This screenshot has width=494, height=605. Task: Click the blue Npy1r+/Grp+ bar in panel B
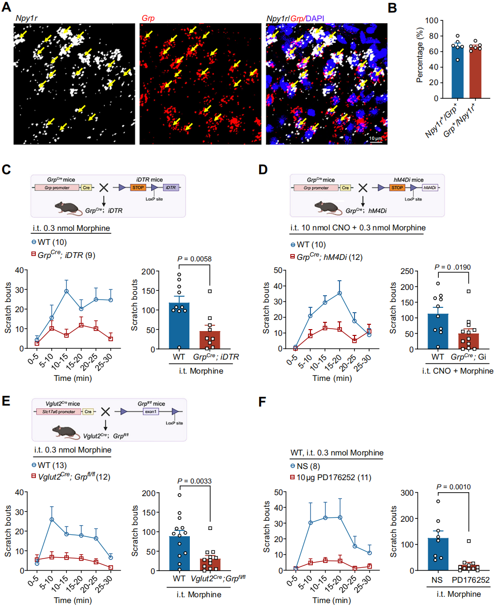click(457, 72)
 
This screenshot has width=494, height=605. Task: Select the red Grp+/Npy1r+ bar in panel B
click(475, 73)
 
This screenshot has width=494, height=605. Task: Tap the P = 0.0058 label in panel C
click(194, 259)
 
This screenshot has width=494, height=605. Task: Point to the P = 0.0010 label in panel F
click(453, 487)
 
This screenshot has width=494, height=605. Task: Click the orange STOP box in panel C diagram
click(138, 188)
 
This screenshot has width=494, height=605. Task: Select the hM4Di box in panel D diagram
click(430, 188)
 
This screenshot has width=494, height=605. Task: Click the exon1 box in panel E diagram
click(151, 411)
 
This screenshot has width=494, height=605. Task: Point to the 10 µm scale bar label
click(375, 138)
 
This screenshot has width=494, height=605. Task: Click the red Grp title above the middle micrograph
click(148, 18)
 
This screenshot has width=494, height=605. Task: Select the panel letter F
click(262, 402)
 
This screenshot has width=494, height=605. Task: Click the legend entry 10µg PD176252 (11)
click(334, 477)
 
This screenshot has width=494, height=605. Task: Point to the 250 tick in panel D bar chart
click(407, 272)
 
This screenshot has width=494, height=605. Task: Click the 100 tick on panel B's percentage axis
click(432, 21)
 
